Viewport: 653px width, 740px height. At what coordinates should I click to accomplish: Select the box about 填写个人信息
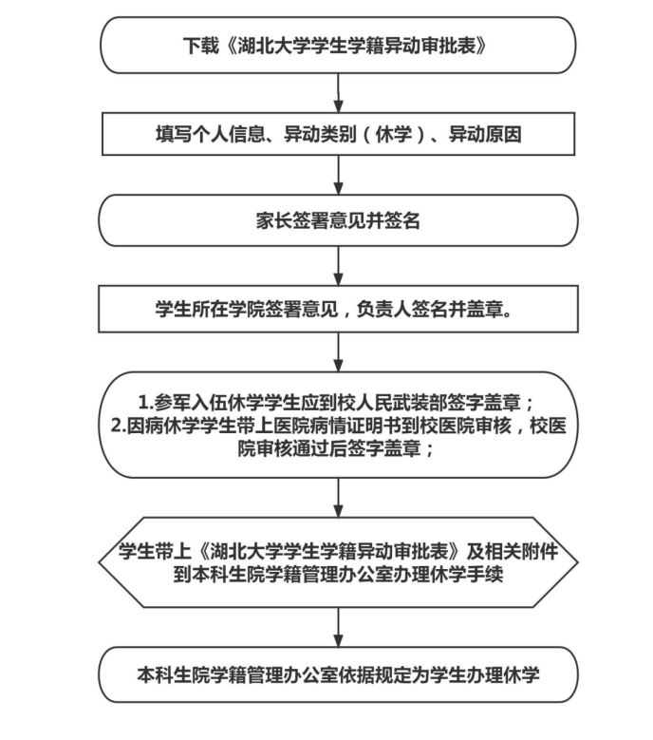(338, 135)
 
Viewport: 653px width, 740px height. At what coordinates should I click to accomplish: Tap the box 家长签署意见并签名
(338, 221)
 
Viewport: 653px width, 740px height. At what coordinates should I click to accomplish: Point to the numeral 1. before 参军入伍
(147, 399)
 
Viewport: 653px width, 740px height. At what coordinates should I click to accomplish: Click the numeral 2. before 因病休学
(120, 425)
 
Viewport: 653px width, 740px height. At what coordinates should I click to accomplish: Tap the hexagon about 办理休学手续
(338, 562)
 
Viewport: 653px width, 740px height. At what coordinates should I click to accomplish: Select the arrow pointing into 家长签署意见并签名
(338, 177)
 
